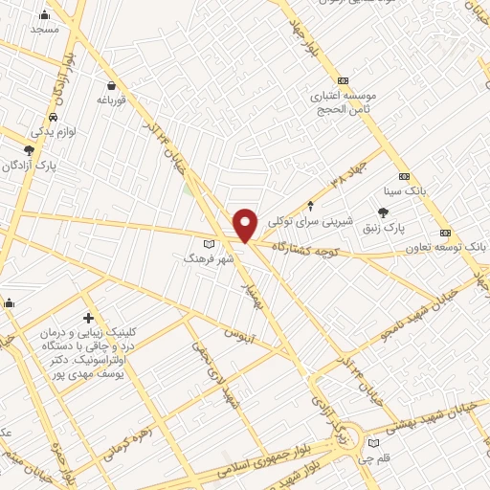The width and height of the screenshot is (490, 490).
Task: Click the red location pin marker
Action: (x=246, y=225)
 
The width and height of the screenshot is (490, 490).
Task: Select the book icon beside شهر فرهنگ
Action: (x=209, y=243)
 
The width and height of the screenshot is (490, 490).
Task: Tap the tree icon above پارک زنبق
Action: (x=384, y=212)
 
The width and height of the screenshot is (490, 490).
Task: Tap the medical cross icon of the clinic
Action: (x=89, y=317)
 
